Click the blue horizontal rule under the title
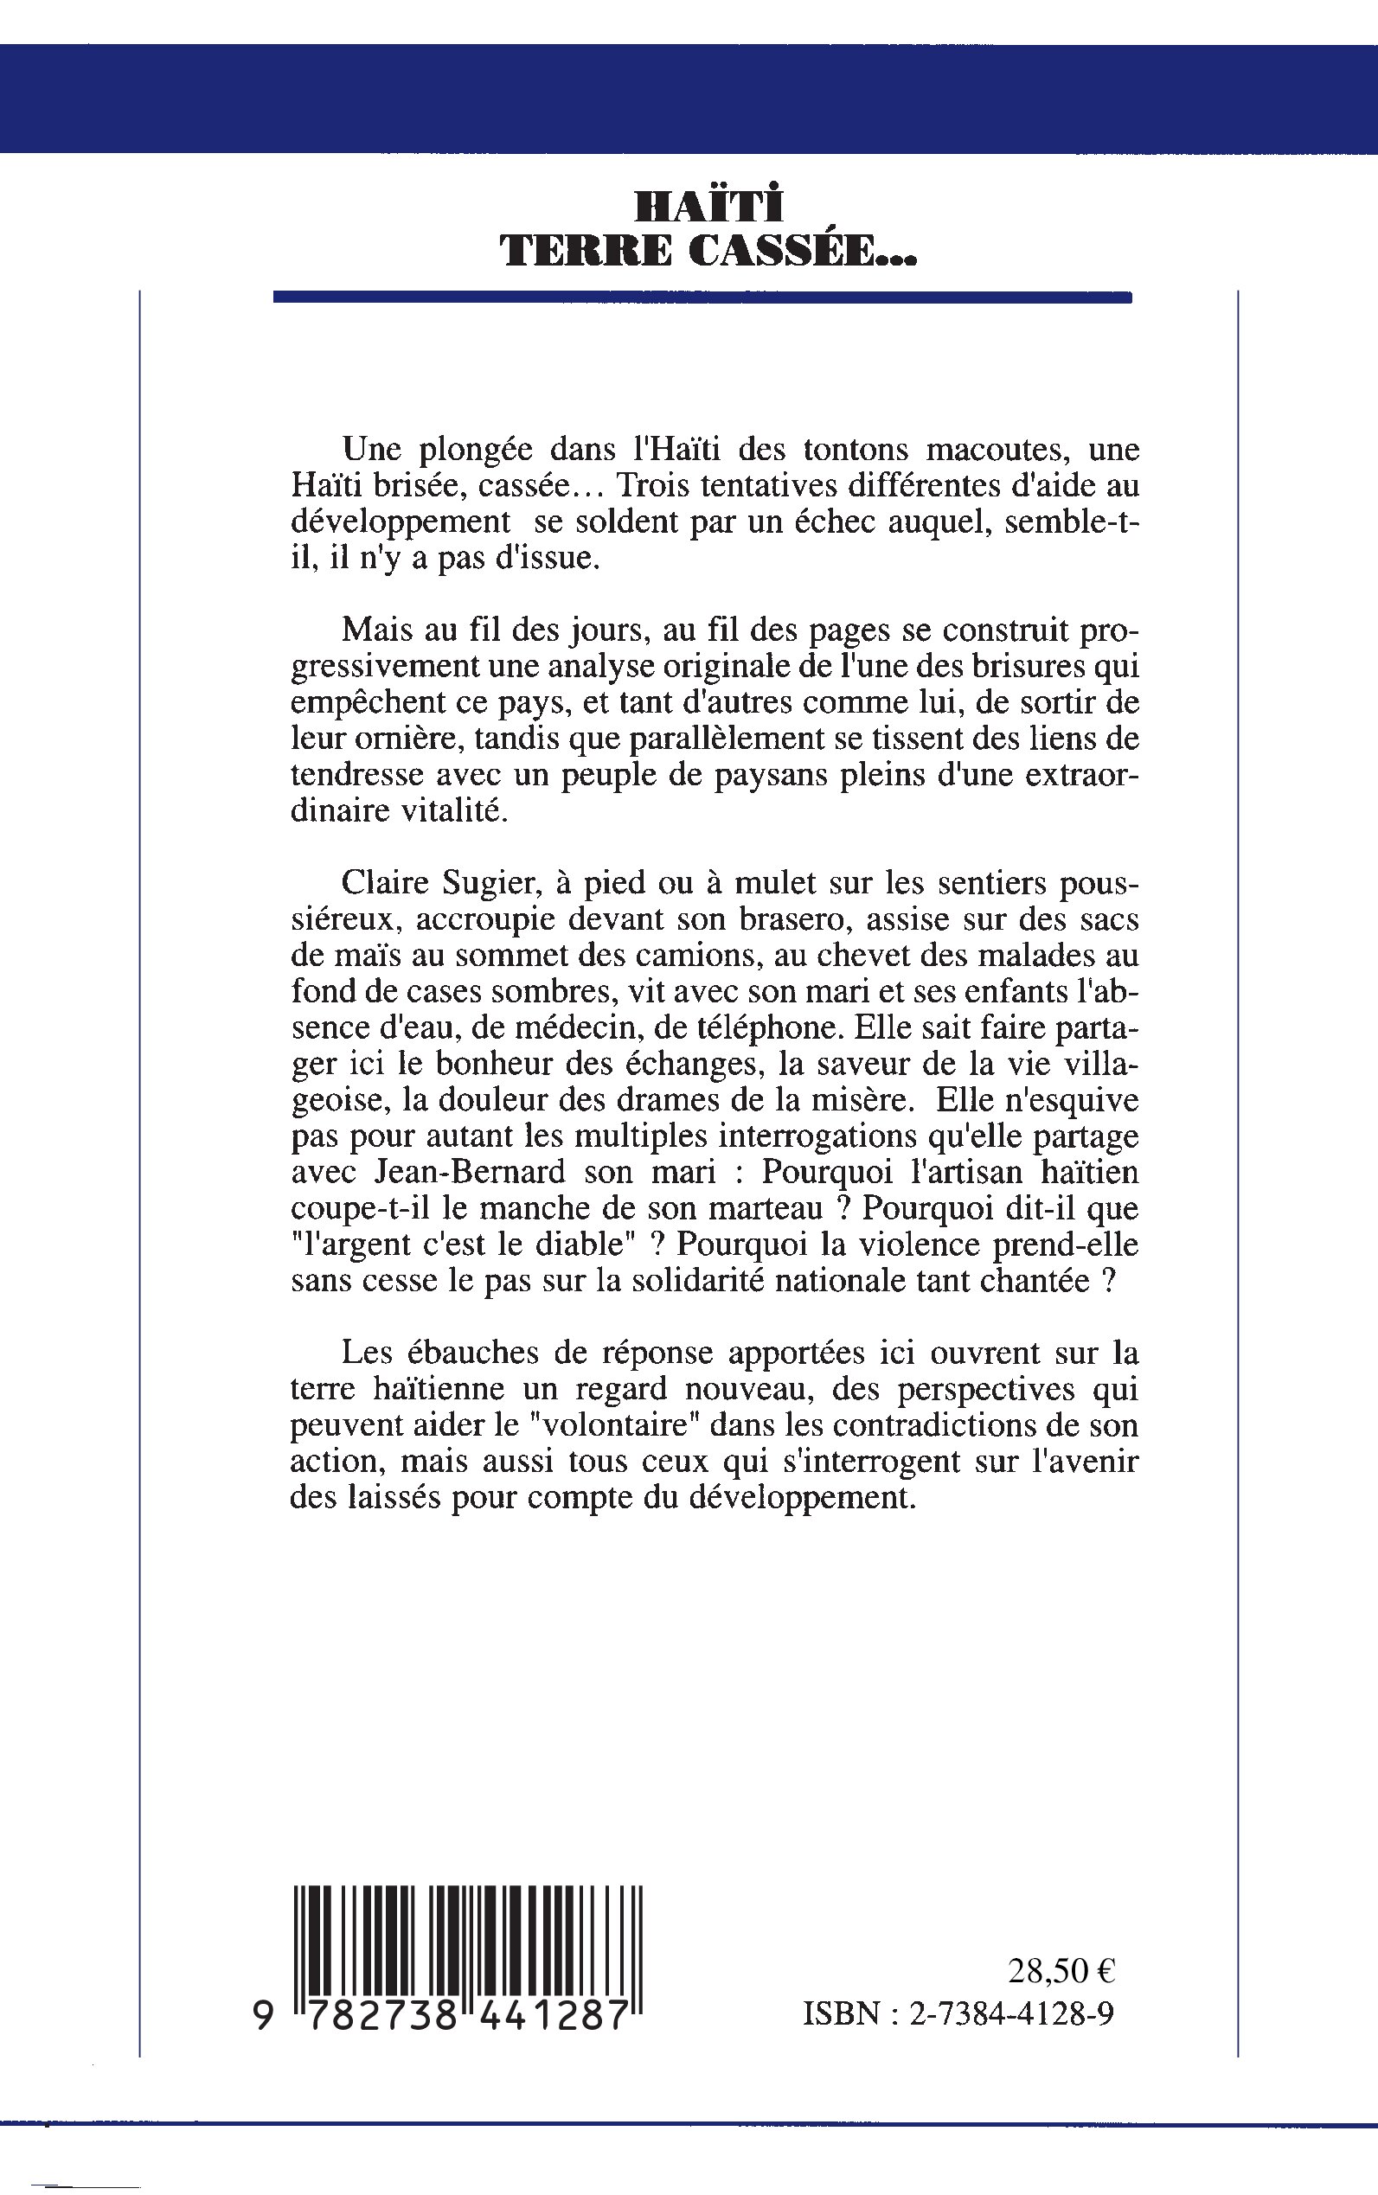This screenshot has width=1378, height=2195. [702, 297]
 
